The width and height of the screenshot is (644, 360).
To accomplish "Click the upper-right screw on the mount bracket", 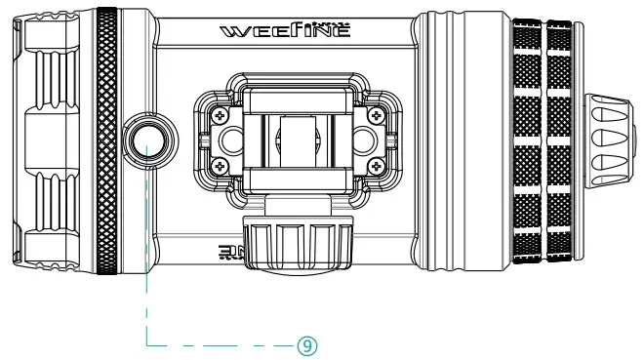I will (377, 116).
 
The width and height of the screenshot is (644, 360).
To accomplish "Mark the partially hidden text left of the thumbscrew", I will (229, 255).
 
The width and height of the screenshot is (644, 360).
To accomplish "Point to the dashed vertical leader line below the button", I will (146, 254).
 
